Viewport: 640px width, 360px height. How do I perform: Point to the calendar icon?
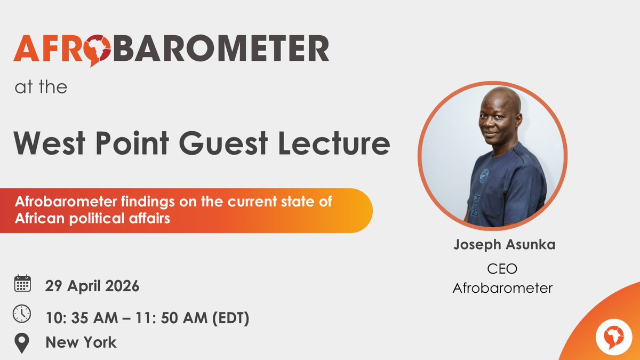pos(22,284)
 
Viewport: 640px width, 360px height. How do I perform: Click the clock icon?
pos(22,314)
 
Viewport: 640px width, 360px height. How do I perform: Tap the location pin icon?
pos(22,342)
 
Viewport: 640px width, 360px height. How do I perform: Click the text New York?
pos(81,342)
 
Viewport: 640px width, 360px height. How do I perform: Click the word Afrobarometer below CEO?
pos(502,288)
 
